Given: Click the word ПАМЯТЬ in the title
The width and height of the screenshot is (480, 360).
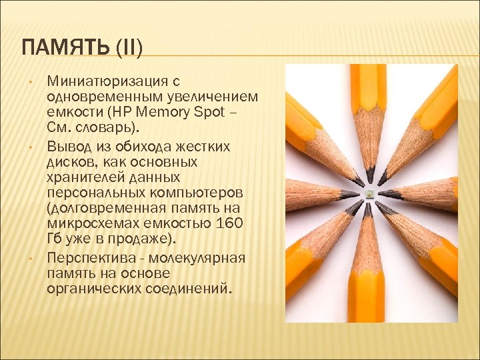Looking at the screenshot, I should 59,47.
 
